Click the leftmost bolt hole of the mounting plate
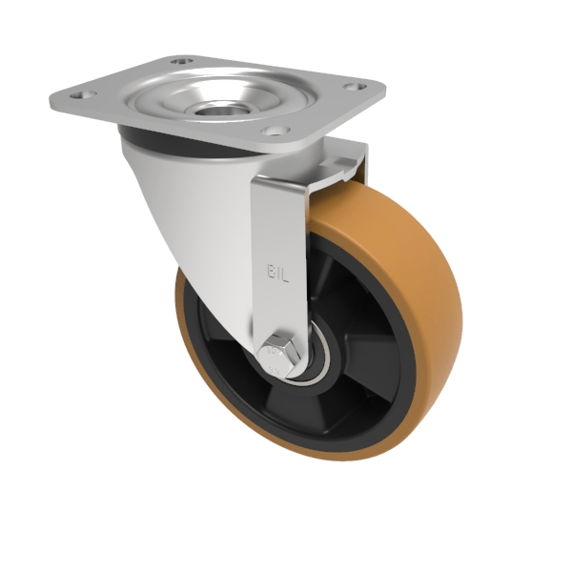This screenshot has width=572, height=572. point(79,95)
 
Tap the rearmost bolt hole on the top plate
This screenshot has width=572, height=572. point(177,62)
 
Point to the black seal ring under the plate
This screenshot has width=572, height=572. point(191,143)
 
